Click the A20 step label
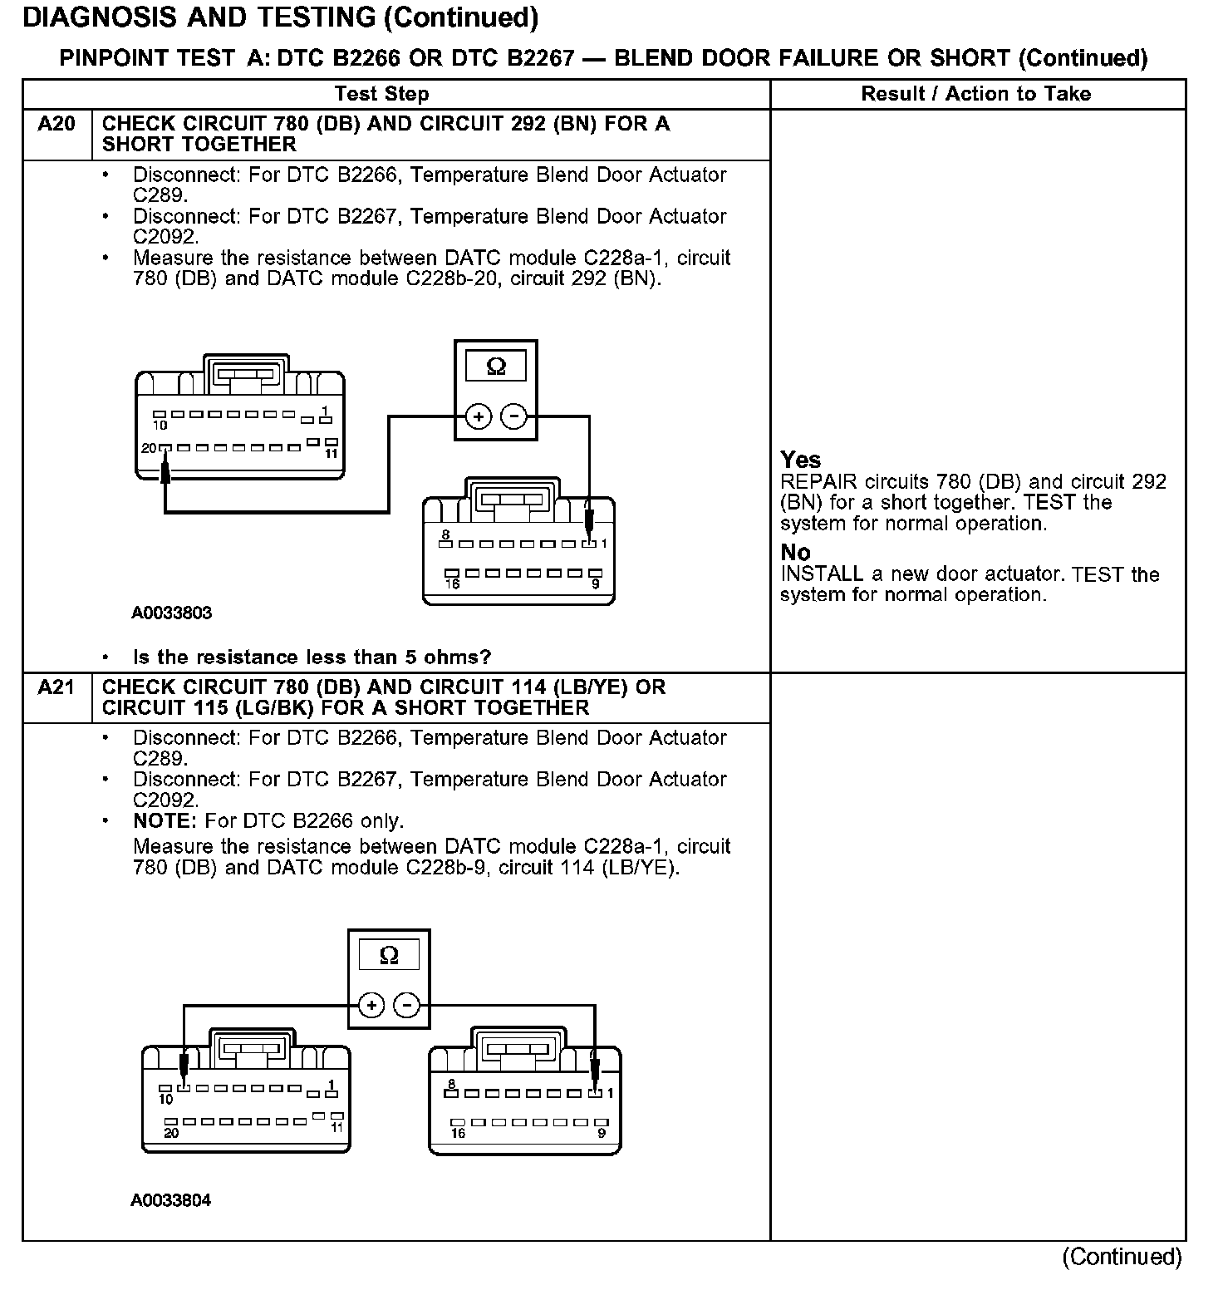point(56,125)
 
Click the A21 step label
point(56,688)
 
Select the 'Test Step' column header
point(381,94)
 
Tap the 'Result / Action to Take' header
point(976,94)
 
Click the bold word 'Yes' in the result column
point(800,460)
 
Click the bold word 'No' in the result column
point(795,553)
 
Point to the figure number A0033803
point(171,613)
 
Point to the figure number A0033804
point(171,1200)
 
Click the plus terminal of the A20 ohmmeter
point(478,416)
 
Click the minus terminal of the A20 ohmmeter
point(514,416)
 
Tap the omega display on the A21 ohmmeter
point(388,956)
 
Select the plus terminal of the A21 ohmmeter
point(371,1006)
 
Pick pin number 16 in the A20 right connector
point(452,584)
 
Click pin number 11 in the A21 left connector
point(336,1127)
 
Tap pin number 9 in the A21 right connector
point(602,1133)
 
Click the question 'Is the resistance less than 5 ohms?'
point(312,657)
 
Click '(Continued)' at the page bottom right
point(1121,1257)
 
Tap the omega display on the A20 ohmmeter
point(496,366)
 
